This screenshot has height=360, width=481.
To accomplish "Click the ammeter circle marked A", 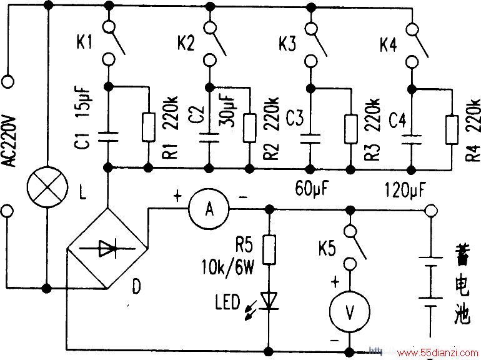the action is point(209,209).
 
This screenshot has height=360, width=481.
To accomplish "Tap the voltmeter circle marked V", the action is point(350,311).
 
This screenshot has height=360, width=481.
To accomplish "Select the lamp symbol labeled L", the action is point(47,187).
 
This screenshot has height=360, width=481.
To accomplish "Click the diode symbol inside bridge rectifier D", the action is point(107,248).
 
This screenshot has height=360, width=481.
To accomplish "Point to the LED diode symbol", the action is point(269,301).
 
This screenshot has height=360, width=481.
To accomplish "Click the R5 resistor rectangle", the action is point(269,250).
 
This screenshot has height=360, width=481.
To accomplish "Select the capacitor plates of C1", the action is point(107,137).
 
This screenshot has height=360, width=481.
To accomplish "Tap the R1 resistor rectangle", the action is point(149,127).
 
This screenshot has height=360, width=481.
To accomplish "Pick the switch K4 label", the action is point(389,44).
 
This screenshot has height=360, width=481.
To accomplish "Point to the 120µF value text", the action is point(405,189).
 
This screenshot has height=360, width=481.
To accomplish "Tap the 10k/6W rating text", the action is point(228,267).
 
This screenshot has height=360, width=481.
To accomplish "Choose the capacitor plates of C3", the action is point(310,138).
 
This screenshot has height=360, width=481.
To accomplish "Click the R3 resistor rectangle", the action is point(350,129).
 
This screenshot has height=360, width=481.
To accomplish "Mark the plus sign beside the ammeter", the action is point(177,196).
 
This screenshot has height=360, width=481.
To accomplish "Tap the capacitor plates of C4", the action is point(411,139).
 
